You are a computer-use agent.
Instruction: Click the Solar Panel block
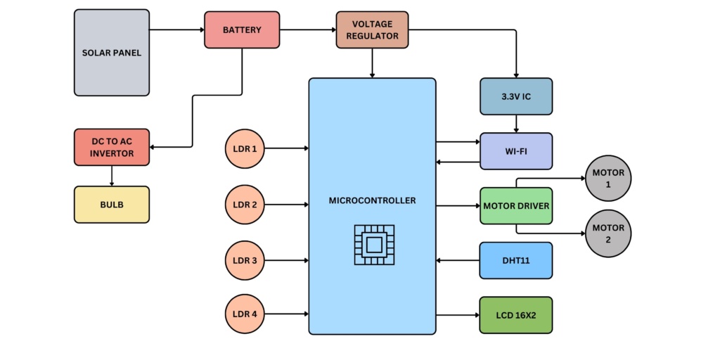(112, 53)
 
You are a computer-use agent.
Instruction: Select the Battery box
(242, 30)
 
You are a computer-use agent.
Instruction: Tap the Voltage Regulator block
(373, 30)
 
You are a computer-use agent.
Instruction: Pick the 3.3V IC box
(516, 96)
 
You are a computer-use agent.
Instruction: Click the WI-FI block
(516, 151)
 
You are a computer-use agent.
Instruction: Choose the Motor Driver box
(516, 206)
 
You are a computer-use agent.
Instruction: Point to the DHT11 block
(516, 260)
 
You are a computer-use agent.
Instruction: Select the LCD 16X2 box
(516, 315)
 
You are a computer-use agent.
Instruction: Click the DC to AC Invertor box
(112, 148)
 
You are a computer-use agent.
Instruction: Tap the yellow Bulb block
(112, 205)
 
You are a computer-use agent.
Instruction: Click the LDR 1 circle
(245, 148)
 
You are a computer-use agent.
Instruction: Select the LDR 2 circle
(245, 205)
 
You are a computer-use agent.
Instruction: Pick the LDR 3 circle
(245, 261)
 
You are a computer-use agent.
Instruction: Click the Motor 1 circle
(608, 179)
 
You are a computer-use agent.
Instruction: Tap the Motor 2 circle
(608, 233)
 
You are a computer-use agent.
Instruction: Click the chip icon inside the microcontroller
(374, 245)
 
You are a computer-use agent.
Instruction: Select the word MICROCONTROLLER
(373, 201)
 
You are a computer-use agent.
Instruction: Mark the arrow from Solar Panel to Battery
(176, 30)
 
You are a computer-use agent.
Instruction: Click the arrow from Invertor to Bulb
(112, 176)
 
